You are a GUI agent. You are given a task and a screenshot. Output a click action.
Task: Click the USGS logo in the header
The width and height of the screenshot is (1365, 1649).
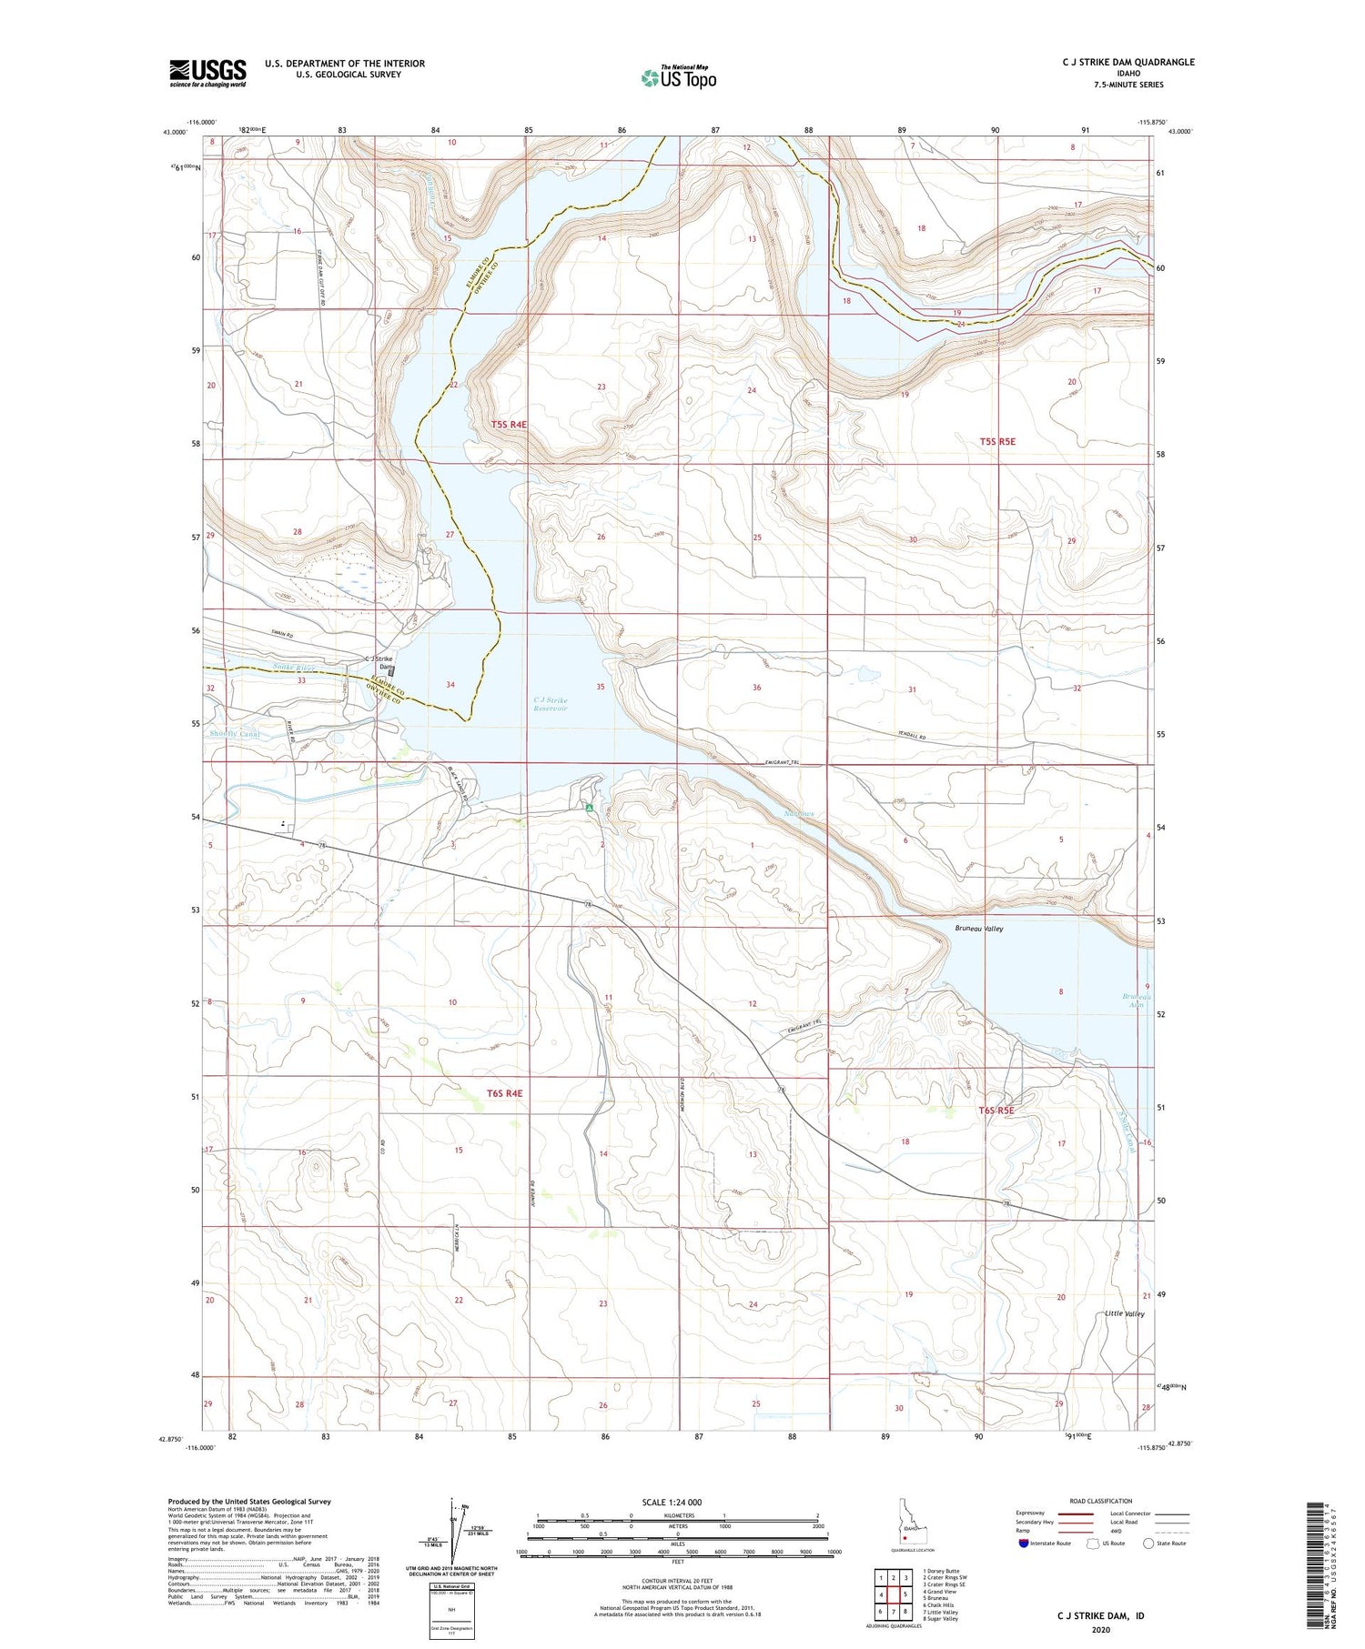coord(207,73)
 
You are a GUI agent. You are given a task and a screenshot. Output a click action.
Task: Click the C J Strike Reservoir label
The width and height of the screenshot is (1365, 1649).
coord(551,704)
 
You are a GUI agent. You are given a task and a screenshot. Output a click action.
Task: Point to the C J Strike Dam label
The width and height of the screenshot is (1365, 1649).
coord(379,662)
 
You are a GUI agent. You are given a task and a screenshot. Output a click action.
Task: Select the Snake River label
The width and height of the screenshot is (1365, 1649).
coord(293,668)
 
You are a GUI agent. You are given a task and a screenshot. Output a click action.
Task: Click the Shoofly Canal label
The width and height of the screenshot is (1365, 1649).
coord(234,734)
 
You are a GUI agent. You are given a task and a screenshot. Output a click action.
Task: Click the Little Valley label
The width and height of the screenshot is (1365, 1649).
coord(1124,1313)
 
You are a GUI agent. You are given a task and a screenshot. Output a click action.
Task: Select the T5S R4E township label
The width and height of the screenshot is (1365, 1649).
coord(509,425)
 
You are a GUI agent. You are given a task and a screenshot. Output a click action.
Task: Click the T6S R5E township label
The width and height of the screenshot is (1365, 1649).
coord(996,1110)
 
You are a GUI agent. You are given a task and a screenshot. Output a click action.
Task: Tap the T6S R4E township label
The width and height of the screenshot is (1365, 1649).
coord(504,1092)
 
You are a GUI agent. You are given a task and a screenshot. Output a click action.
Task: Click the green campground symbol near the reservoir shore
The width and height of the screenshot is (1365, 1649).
coord(590,807)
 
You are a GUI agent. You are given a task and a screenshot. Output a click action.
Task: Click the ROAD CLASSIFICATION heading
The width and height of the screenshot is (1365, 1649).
coord(1101,1501)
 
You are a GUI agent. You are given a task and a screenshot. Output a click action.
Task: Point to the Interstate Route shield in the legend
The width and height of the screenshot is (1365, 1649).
coord(1025,1543)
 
